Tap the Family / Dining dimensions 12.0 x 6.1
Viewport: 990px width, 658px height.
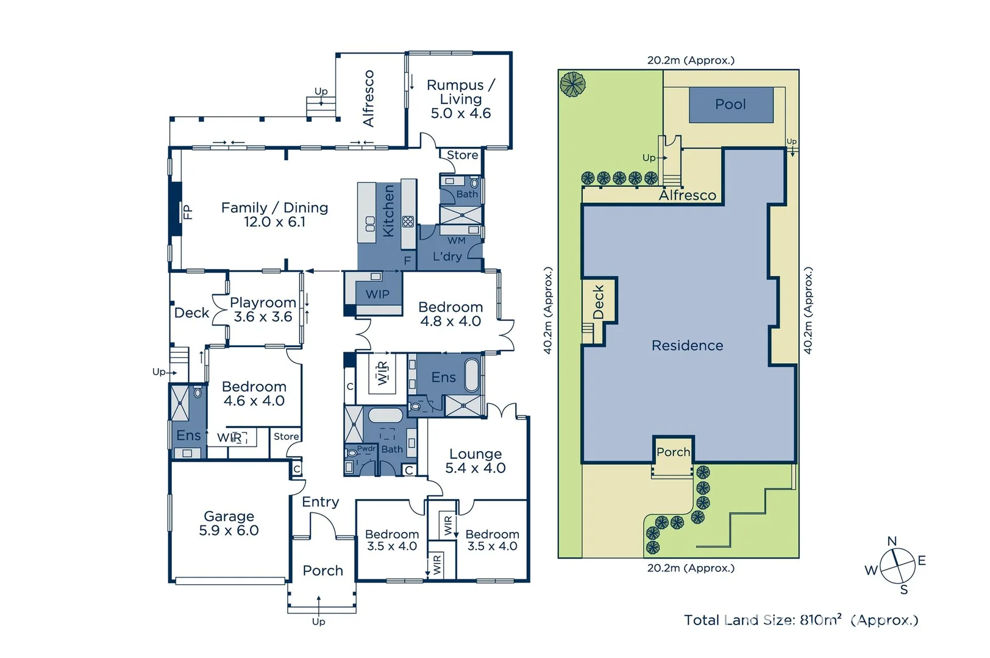(x=274, y=222)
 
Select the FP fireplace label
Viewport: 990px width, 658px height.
(x=188, y=212)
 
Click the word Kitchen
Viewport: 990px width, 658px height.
(x=388, y=211)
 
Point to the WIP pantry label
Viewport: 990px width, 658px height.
(x=377, y=294)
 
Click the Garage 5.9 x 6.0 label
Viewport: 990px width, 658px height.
(x=229, y=523)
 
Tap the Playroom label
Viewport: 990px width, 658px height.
(x=263, y=302)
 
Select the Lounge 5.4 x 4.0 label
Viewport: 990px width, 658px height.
(x=475, y=461)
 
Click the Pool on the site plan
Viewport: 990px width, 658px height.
(x=730, y=104)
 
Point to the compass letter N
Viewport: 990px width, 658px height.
(x=892, y=541)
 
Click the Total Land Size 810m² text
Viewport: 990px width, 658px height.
(x=800, y=620)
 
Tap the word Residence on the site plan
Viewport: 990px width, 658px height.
(x=687, y=345)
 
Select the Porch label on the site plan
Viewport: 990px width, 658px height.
(x=673, y=452)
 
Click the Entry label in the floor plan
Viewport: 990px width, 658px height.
(x=320, y=501)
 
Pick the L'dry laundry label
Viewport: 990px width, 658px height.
(x=447, y=256)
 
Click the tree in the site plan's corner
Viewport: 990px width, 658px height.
(x=572, y=84)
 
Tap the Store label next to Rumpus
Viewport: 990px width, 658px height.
(x=462, y=155)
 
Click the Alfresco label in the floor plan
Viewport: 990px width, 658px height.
(x=368, y=98)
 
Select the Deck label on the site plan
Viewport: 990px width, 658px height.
(x=599, y=302)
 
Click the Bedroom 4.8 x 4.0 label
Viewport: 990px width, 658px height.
(x=450, y=314)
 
